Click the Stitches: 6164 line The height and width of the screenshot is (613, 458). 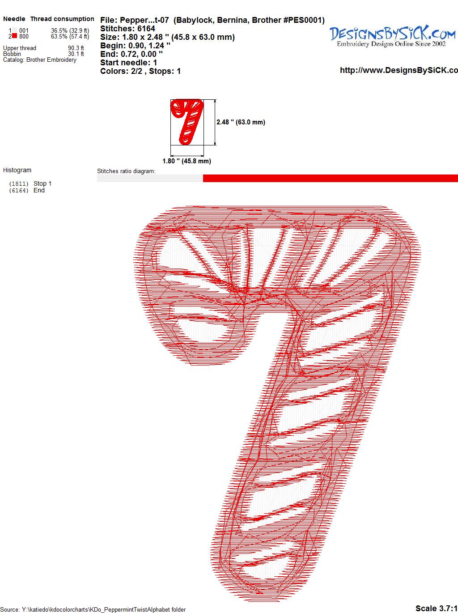coord(127,29)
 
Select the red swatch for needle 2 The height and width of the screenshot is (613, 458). coord(14,36)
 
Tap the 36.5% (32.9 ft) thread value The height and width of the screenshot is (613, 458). coord(70,30)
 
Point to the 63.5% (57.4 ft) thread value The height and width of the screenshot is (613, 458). coord(70,36)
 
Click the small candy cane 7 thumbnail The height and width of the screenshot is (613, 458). coord(187,122)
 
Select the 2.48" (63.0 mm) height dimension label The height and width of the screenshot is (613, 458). coord(241,122)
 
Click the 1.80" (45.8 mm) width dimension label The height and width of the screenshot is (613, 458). coord(187,161)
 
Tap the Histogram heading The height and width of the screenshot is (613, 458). coord(17,170)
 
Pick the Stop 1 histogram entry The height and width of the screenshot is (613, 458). coord(30,183)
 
